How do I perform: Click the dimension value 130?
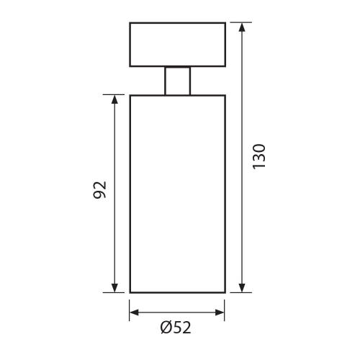259,156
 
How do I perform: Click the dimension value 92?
99,189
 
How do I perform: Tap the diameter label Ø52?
176,328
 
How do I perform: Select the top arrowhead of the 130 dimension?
242,27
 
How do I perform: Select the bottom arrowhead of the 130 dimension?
242,288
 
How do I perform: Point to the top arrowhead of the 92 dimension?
114,99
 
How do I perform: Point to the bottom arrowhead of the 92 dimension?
114,288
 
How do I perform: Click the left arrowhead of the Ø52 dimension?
134,312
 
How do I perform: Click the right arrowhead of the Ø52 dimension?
220,312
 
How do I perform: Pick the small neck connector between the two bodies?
178,81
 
